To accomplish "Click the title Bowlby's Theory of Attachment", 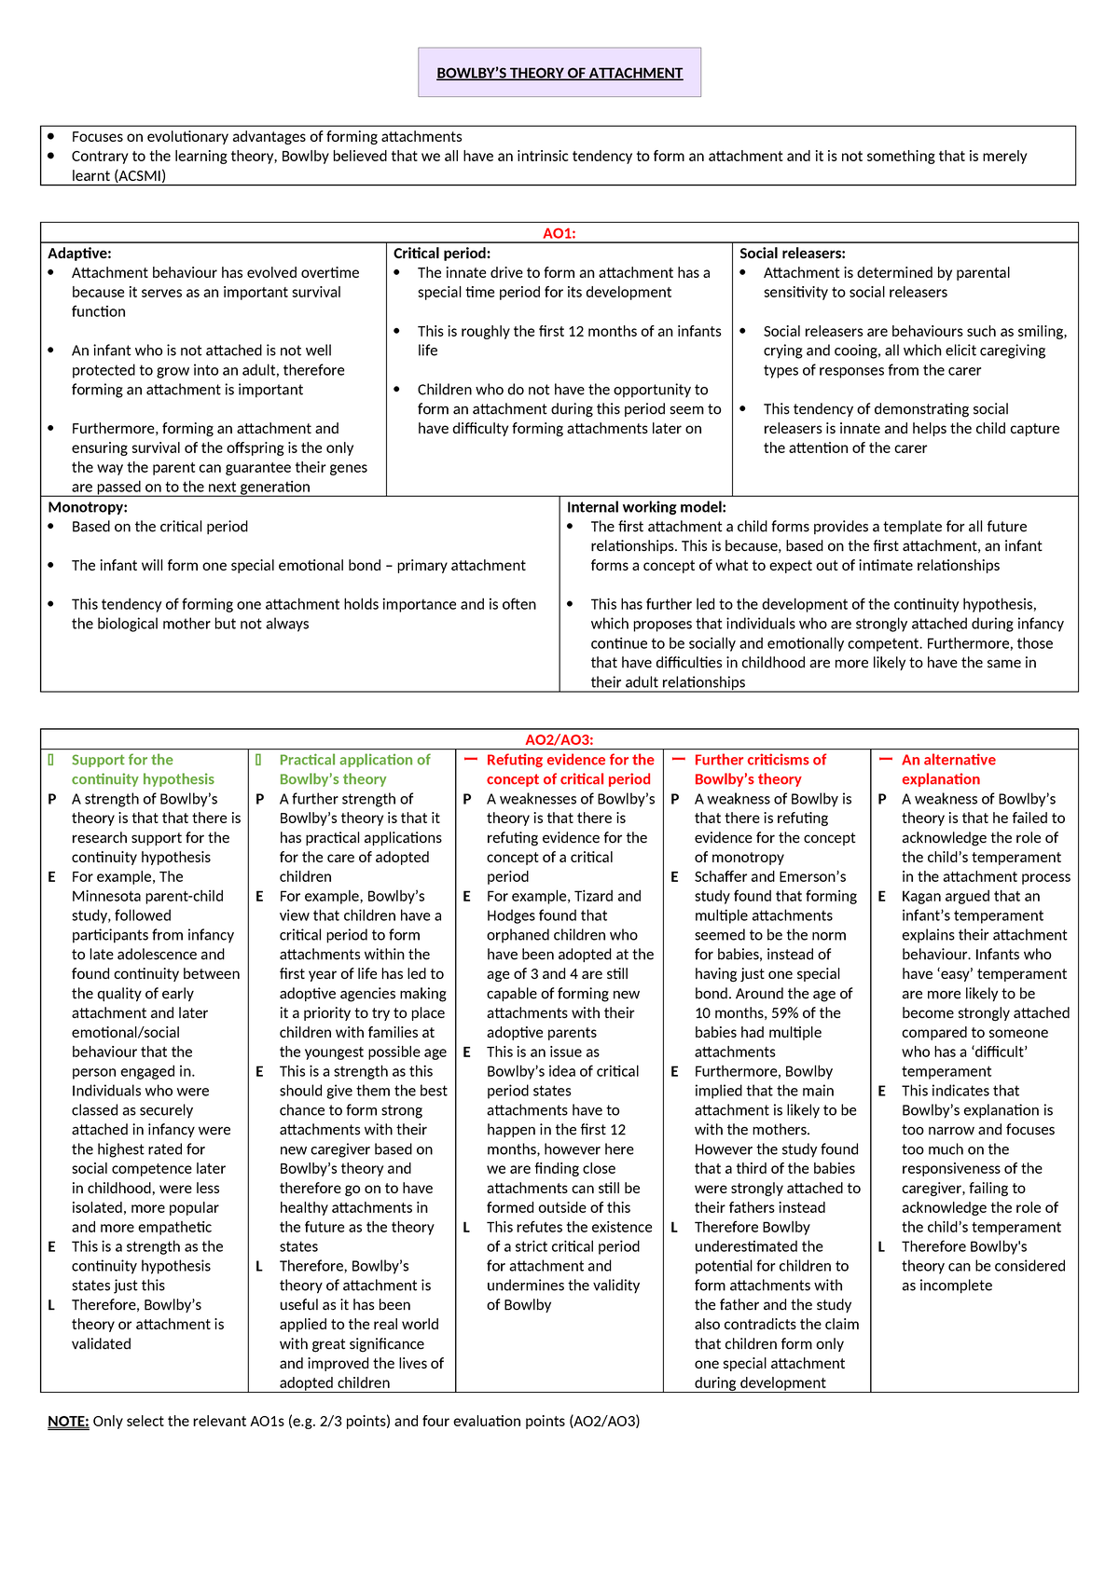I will click(x=559, y=73).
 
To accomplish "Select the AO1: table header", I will click(x=559, y=233).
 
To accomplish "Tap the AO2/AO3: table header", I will click(x=559, y=739).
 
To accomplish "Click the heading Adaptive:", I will click(x=79, y=253).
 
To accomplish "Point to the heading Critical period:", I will click(x=441, y=253).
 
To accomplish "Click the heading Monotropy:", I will click(x=88, y=507).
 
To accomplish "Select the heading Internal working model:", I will click(x=646, y=507).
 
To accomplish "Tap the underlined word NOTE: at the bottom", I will click(x=68, y=1421).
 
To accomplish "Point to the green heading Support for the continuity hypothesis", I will click(x=142, y=769).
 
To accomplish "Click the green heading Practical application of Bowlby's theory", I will click(x=354, y=769).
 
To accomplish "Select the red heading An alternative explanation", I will click(x=947, y=769).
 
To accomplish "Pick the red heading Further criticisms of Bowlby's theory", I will click(x=759, y=769).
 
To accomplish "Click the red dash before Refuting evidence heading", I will click(x=470, y=759).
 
